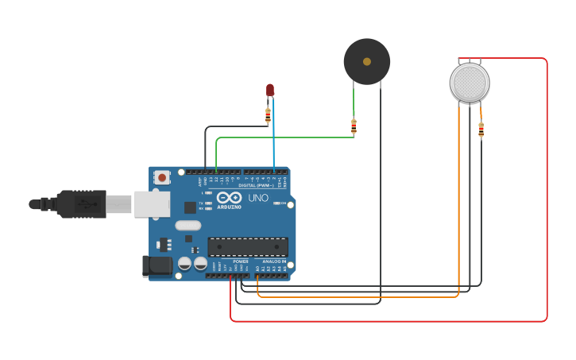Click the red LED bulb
pyautogui.click(x=270, y=90)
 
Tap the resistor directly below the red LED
pyautogui.click(x=268, y=115)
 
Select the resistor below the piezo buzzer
pyautogui.click(x=354, y=126)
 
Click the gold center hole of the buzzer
pyautogui.click(x=366, y=61)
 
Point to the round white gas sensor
pyautogui.click(x=470, y=82)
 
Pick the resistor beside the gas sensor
pyautogui.click(x=481, y=130)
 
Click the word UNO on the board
pyautogui.click(x=258, y=198)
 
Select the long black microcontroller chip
pyautogui.click(x=247, y=246)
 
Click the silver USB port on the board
pyautogui.click(x=152, y=204)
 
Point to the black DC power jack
pyautogui.click(x=157, y=265)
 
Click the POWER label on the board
pyautogui.click(x=240, y=261)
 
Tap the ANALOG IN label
pyautogui.click(x=274, y=261)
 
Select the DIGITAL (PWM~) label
pyautogui.click(x=263, y=186)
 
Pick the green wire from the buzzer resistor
pyautogui.click(x=286, y=137)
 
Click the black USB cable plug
pyautogui.click(x=79, y=204)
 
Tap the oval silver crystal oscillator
pyautogui.click(x=188, y=225)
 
